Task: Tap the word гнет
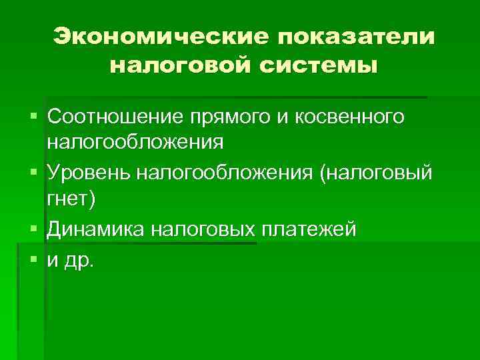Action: [x=73, y=199]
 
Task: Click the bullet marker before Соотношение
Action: [x=34, y=117]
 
